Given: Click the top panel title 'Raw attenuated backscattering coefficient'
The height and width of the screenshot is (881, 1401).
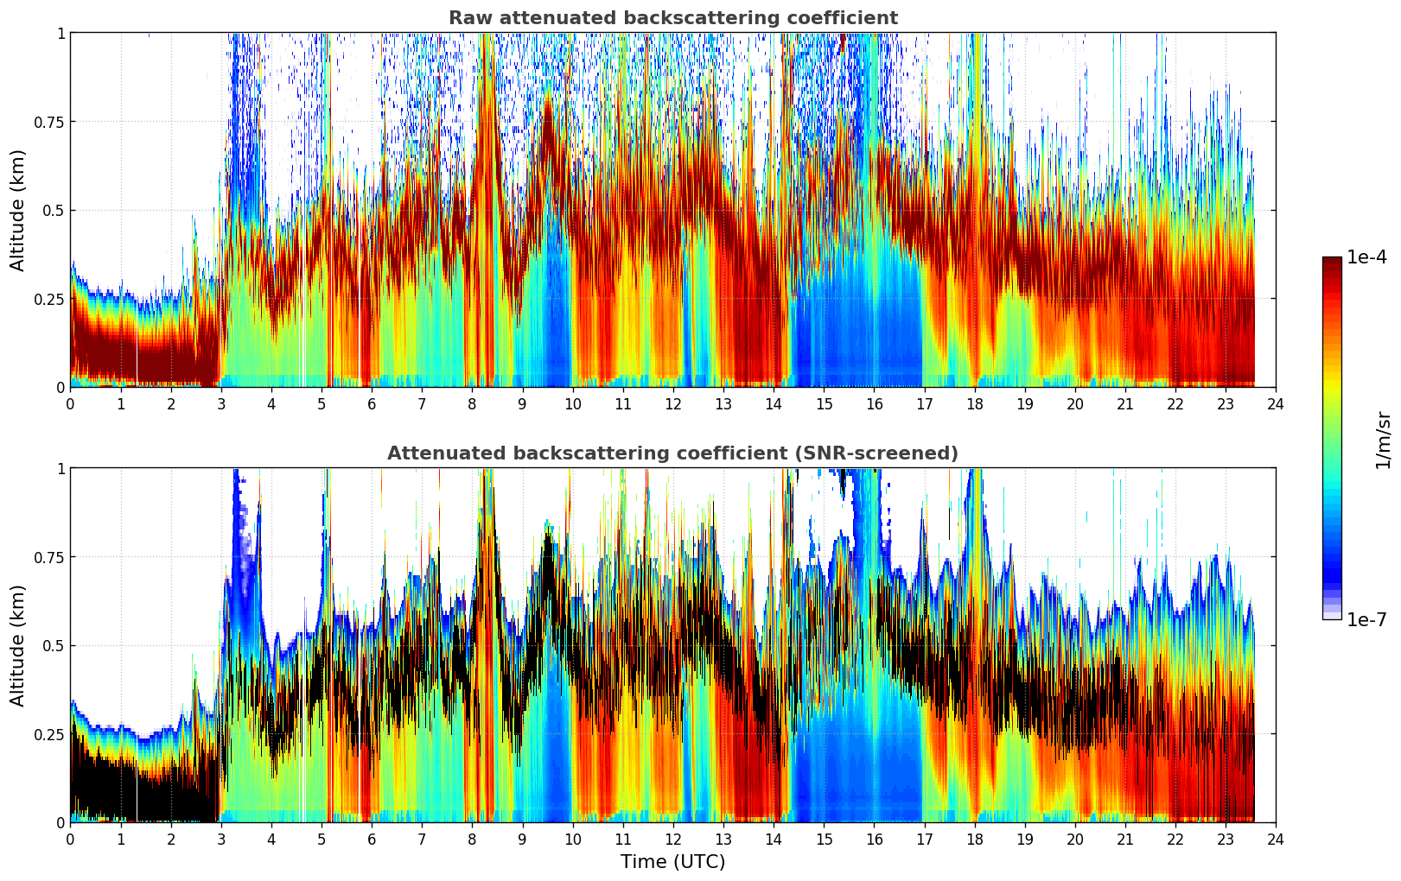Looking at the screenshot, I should point(672,18).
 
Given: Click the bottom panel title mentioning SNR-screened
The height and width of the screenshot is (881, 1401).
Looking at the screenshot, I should point(672,453).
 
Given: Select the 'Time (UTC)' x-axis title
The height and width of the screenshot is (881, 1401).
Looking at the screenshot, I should point(672,862).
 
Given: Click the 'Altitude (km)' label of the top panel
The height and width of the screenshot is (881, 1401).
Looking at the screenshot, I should point(18,210).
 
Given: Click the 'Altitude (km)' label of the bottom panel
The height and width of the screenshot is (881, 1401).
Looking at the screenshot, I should point(18,645).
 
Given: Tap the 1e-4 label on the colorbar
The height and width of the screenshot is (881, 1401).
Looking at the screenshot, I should point(1367,257).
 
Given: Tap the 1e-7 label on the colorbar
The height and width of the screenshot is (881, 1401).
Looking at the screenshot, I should point(1367,619).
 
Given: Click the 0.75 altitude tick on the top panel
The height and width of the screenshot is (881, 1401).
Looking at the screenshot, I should point(48,122).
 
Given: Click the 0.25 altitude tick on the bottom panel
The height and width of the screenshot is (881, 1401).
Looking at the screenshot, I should point(48,734).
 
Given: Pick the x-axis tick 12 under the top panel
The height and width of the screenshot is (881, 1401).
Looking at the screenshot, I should point(673,403).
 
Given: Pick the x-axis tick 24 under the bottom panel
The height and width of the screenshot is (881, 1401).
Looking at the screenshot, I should point(1276,839).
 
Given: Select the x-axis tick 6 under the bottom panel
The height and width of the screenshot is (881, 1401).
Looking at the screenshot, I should point(372,839).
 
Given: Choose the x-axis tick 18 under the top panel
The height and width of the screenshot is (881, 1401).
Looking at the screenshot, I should point(974,403).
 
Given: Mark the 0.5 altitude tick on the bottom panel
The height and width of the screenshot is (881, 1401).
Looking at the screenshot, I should point(54,645).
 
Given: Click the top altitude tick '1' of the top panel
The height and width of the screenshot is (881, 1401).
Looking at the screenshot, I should point(60,33).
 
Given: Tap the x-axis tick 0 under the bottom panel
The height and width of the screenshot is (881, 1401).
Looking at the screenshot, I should point(71,839).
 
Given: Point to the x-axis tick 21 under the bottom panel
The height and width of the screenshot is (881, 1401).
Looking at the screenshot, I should point(1124,839).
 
